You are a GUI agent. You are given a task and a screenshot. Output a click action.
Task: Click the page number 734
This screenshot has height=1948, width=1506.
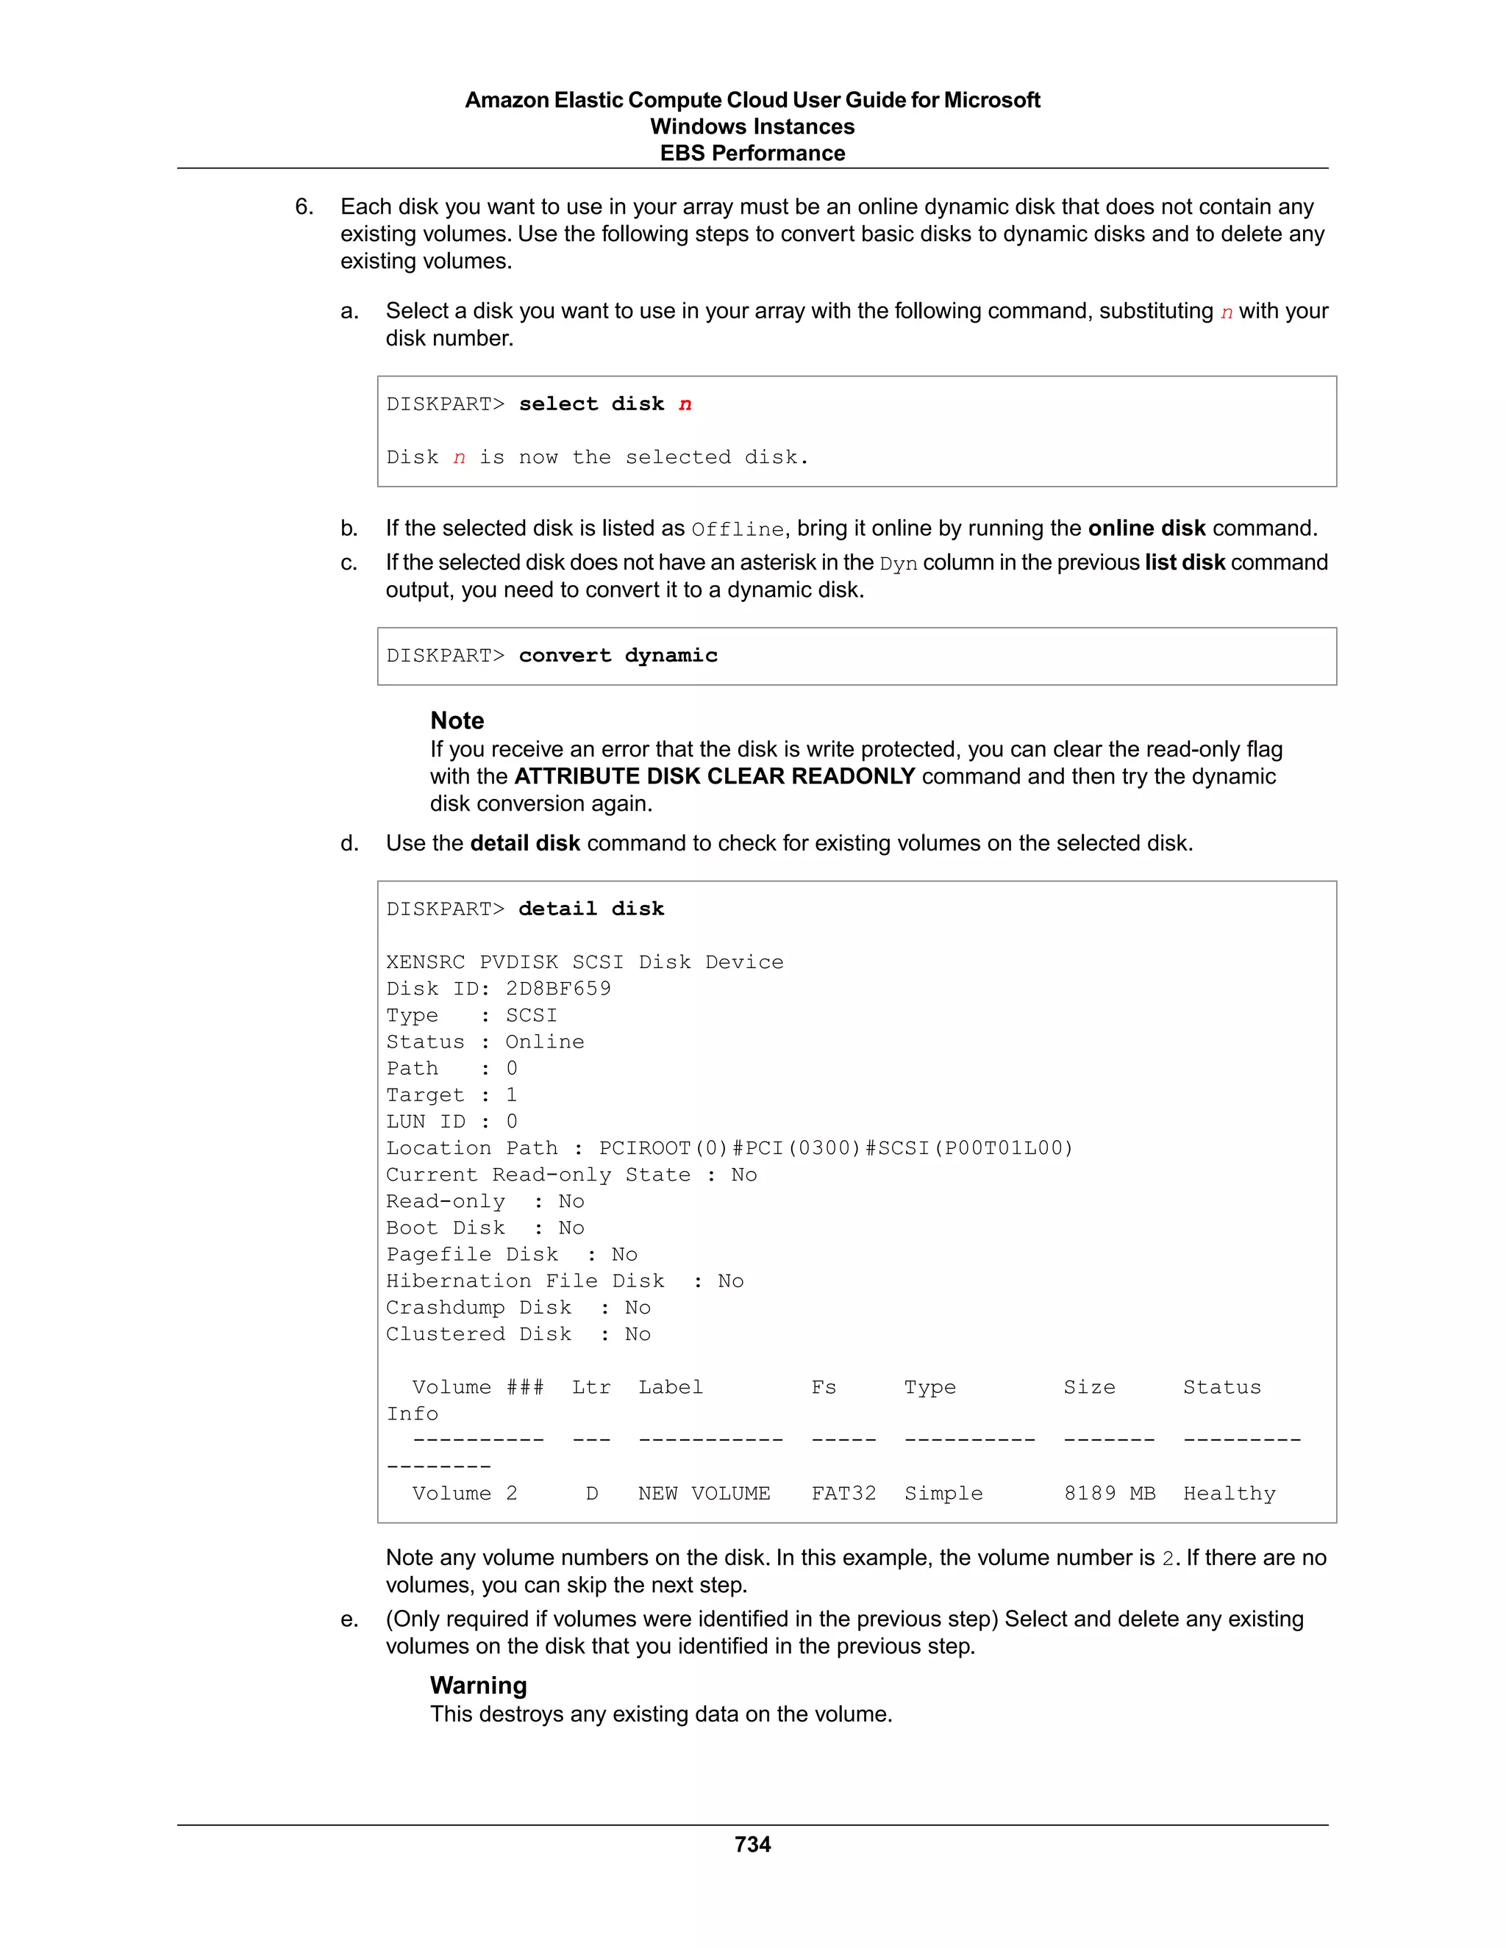[x=752, y=1844]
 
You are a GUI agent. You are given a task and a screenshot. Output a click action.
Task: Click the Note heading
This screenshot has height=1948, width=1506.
[x=457, y=720]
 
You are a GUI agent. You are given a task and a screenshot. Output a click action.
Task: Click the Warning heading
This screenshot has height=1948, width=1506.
[x=478, y=1685]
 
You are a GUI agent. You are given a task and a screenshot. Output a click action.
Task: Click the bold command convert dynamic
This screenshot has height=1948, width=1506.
[x=618, y=656]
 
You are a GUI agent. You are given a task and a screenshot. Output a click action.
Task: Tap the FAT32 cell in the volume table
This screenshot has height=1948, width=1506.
[x=843, y=1493]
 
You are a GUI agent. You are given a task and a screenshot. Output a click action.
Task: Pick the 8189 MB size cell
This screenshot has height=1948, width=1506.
[x=1109, y=1493]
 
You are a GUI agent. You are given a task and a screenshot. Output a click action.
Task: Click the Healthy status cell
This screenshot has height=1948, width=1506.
[x=1229, y=1493]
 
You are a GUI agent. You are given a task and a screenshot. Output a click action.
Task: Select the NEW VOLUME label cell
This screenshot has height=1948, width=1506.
[x=703, y=1493]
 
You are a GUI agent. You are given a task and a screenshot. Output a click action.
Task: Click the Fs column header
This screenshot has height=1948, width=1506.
[x=824, y=1387]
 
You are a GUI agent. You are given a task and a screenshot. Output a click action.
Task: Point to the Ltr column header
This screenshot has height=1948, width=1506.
[x=590, y=1387]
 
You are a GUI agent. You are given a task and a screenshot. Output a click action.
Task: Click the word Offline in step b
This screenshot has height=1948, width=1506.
[x=737, y=530]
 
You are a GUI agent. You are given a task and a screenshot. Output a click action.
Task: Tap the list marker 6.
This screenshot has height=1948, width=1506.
[x=304, y=207]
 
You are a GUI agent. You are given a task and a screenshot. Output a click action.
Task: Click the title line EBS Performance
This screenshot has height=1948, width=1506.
[x=752, y=154]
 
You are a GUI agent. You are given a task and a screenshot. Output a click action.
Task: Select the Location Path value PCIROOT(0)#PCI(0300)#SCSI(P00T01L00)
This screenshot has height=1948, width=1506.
[x=835, y=1148]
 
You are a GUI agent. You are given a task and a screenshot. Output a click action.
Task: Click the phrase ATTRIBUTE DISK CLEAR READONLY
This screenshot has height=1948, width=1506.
[x=714, y=776]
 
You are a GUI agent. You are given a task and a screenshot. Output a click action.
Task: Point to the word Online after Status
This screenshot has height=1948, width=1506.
[x=544, y=1042]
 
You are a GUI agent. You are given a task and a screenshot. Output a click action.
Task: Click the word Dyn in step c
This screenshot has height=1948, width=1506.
[x=898, y=564]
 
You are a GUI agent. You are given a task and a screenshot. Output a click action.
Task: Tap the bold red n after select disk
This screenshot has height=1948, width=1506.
[x=685, y=404]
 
